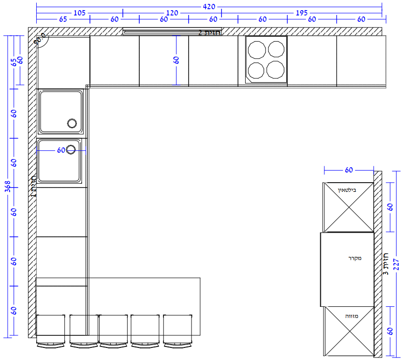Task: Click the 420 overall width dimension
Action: [209, 7]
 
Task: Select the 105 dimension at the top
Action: [79, 13]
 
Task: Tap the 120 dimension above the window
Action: [172, 13]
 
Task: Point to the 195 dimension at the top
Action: [301, 13]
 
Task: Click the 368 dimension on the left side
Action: [8, 187]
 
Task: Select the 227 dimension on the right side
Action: [396, 265]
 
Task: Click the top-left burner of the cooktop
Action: [257, 50]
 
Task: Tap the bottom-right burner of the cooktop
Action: [276, 70]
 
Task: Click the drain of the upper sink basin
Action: [72, 123]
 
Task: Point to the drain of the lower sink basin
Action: [71, 150]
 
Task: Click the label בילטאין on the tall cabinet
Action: [347, 190]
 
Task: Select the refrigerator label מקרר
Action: [355, 259]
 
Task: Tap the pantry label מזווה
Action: [352, 316]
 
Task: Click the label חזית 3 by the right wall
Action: [385, 264]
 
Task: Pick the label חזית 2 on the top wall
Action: [209, 33]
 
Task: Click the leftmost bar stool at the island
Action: [51, 331]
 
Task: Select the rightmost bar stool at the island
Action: [178, 331]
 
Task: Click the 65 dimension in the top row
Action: [63, 19]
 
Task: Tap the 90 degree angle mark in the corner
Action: [41, 39]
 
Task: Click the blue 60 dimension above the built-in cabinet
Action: [349, 170]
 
